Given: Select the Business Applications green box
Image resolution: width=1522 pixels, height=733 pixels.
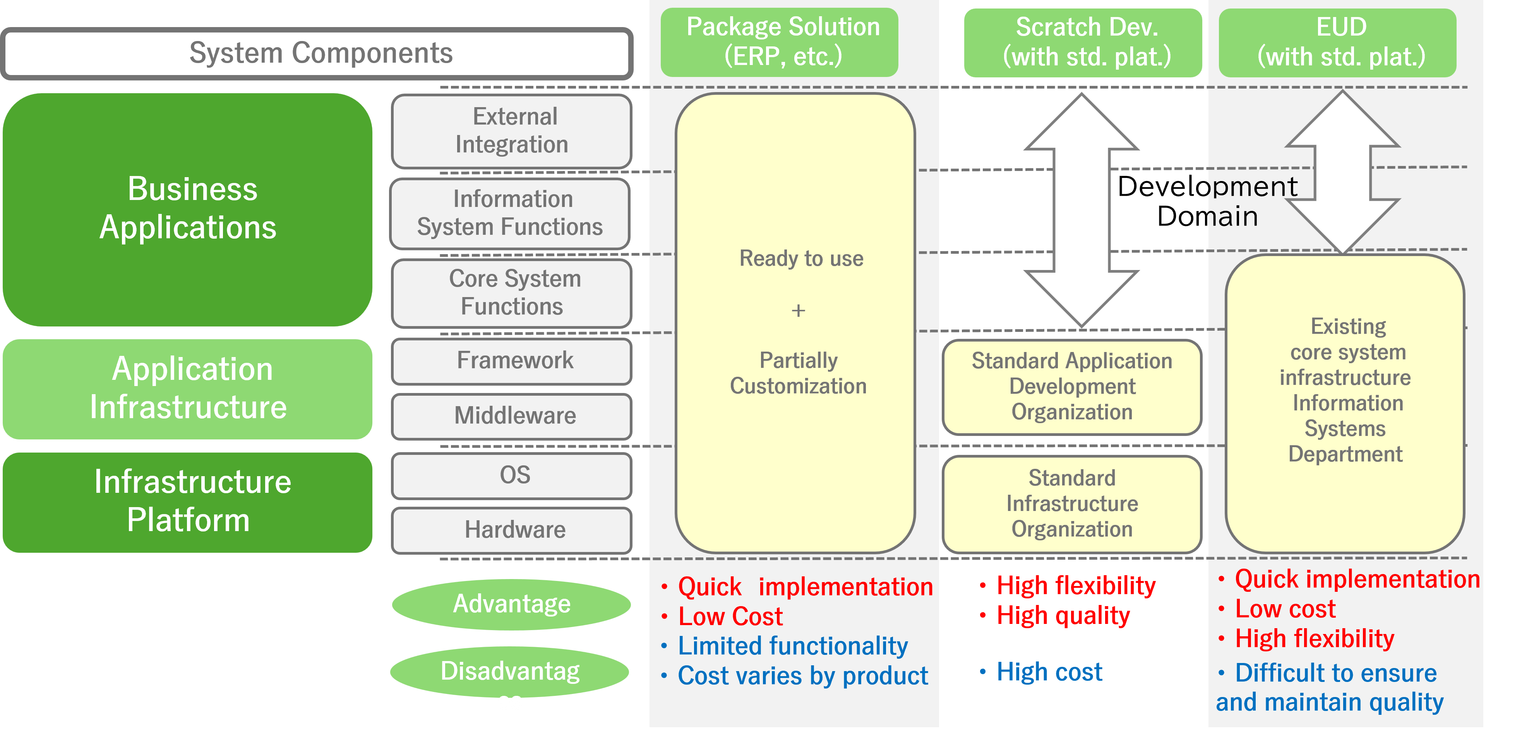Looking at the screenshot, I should coord(188,209).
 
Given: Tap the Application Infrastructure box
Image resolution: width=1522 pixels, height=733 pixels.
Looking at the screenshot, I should coord(188,389).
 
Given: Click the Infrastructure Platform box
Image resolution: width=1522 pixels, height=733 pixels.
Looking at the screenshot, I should coord(188,502).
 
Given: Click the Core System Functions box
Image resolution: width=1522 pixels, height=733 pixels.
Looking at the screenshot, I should coord(512,293).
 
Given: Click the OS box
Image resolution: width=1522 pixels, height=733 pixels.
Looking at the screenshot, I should coord(512,475).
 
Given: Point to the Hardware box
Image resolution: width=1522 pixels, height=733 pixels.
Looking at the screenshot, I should coord(512,530).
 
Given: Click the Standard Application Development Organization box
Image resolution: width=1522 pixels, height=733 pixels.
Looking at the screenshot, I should coord(1072,387).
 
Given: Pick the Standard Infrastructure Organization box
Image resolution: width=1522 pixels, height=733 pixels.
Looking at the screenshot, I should coord(1072,504).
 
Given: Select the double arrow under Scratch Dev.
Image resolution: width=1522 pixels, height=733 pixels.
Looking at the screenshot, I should coord(1082,210).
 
